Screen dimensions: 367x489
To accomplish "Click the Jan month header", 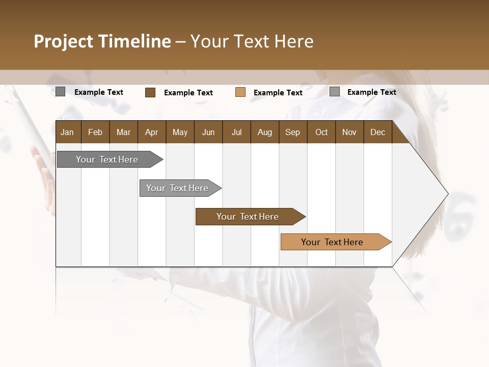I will [x=67, y=132].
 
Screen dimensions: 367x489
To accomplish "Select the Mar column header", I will [x=123, y=132].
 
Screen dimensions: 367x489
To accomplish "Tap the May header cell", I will [x=180, y=132].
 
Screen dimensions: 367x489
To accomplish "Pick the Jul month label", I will [x=236, y=132].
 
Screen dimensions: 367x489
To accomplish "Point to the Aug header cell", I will [x=264, y=132].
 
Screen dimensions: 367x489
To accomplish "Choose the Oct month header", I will [x=321, y=132].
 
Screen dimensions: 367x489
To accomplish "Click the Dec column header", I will [x=377, y=132].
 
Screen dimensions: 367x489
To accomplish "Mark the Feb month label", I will [x=95, y=132].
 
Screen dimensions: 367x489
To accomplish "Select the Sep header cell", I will [x=292, y=132].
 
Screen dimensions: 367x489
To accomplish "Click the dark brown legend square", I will [x=150, y=92].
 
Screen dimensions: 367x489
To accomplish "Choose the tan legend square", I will [x=240, y=92].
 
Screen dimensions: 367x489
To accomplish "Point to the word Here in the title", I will [x=294, y=41].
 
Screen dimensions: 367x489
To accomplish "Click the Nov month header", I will [x=349, y=132].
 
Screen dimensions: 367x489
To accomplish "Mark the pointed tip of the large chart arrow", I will [x=447, y=194].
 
